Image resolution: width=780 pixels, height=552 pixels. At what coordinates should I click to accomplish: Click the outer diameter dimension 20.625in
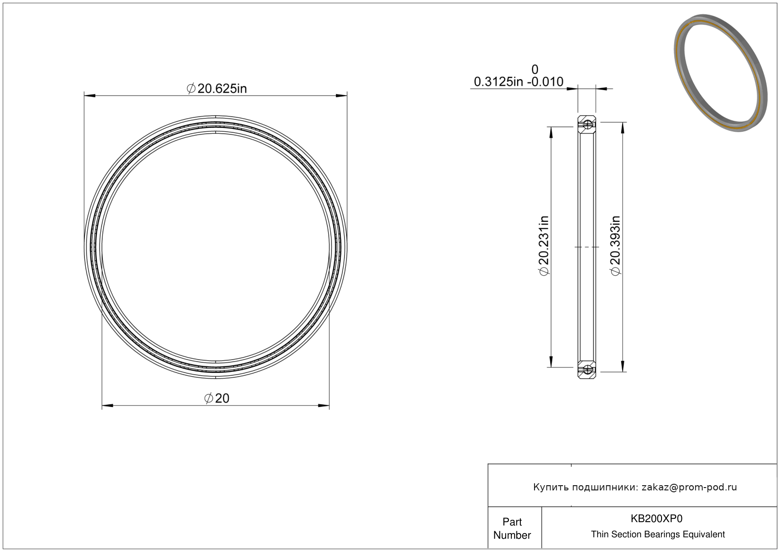click(x=217, y=89)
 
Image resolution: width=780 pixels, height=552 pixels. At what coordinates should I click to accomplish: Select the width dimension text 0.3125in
click(x=499, y=82)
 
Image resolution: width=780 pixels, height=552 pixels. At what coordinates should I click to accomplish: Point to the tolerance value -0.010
click(x=545, y=82)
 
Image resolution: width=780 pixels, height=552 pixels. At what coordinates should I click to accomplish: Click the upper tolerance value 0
click(x=535, y=69)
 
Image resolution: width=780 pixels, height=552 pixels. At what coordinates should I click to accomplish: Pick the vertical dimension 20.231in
click(x=544, y=245)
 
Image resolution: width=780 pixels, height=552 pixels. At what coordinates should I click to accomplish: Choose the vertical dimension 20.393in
click(x=615, y=245)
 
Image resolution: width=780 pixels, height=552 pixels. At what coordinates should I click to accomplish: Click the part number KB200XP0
click(x=656, y=518)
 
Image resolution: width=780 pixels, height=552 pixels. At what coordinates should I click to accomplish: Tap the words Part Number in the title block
click(x=512, y=528)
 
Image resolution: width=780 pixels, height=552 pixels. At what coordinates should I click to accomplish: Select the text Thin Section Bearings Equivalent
click(x=658, y=534)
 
